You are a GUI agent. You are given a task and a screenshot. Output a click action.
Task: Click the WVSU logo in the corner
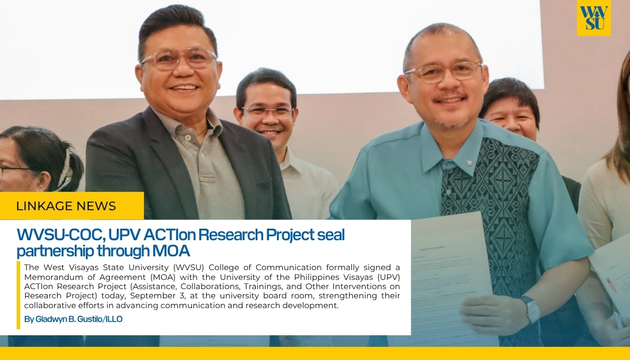click(594, 18)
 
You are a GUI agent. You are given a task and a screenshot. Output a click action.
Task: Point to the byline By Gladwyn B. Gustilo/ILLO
click(73, 319)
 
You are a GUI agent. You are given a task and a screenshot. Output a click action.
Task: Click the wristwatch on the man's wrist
click(531, 310)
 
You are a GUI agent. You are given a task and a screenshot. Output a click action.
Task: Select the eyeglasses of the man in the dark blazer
click(179, 58)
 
